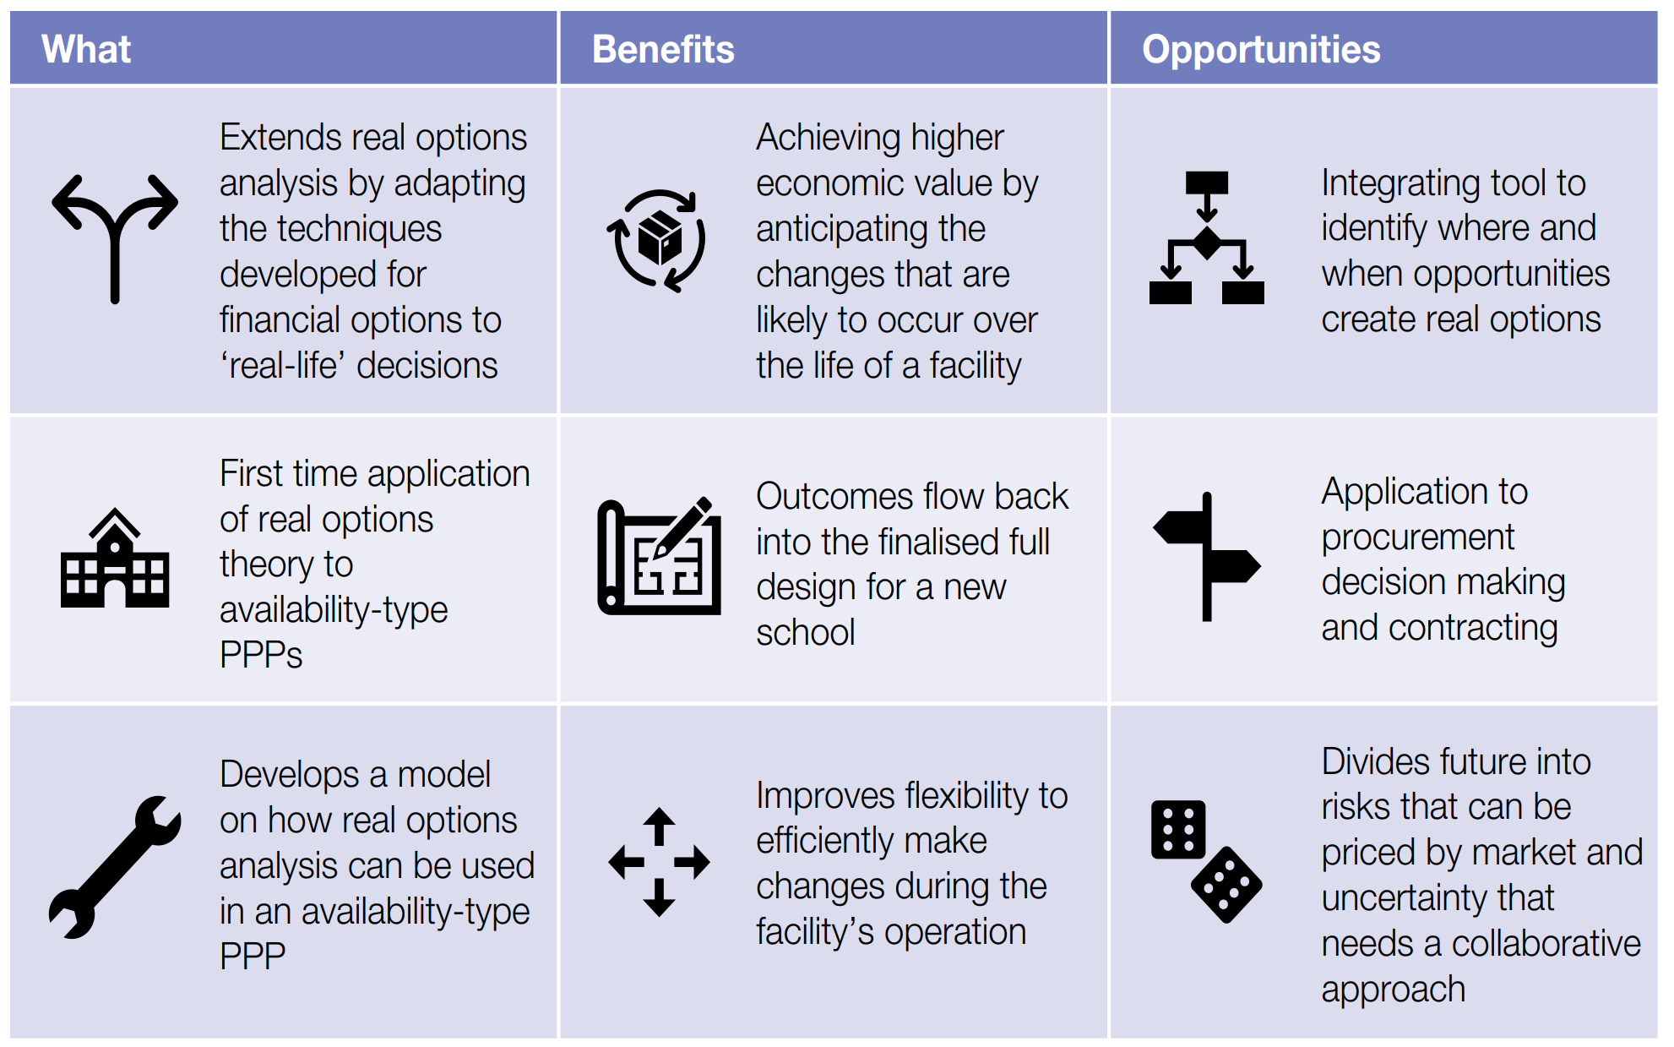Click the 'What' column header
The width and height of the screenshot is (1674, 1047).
click(x=86, y=49)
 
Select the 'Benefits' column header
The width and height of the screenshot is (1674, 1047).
click(x=663, y=49)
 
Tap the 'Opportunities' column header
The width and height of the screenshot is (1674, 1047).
click(x=1261, y=49)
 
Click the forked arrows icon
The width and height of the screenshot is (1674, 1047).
click(x=115, y=237)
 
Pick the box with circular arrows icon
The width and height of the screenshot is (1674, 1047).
click(x=657, y=241)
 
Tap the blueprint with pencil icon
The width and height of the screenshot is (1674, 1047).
click(x=659, y=557)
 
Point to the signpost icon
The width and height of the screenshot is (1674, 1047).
click(x=1206, y=557)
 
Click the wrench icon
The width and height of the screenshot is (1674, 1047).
click(x=115, y=866)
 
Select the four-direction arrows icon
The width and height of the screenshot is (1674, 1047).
click(x=659, y=862)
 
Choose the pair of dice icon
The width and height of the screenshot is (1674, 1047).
click(x=1206, y=861)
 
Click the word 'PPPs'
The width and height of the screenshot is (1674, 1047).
click(x=261, y=655)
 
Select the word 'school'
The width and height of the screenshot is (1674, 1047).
click(x=805, y=633)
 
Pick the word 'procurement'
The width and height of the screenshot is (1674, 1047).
click(x=1417, y=537)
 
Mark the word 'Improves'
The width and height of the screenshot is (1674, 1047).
click(x=825, y=796)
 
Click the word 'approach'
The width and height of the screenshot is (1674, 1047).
click(x=1393, y=990)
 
